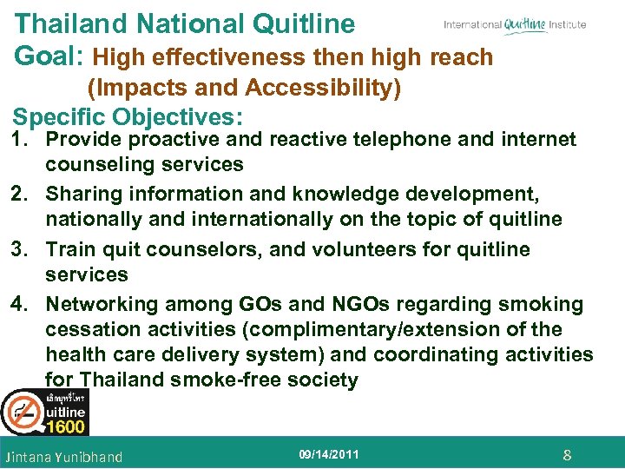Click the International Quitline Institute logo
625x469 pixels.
pyautogui.click(x=515, y=24)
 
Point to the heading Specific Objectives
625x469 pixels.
pyautogui.click(x=128, y=116)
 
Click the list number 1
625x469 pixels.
pyautogui.click(x=23, y=140)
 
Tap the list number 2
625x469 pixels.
pyautogui.click(x=24, y=194)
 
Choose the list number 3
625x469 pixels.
pyautogui.click(x=24, y=249)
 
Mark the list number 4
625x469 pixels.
pyautogui.click(x=24, y=304)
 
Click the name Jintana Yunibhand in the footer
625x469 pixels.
pyautogui.click(x=63, y=457)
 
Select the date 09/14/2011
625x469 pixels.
pyautogui.click(x=329, y=454)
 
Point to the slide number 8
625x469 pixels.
pyautogui.click(x=567, y=455)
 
